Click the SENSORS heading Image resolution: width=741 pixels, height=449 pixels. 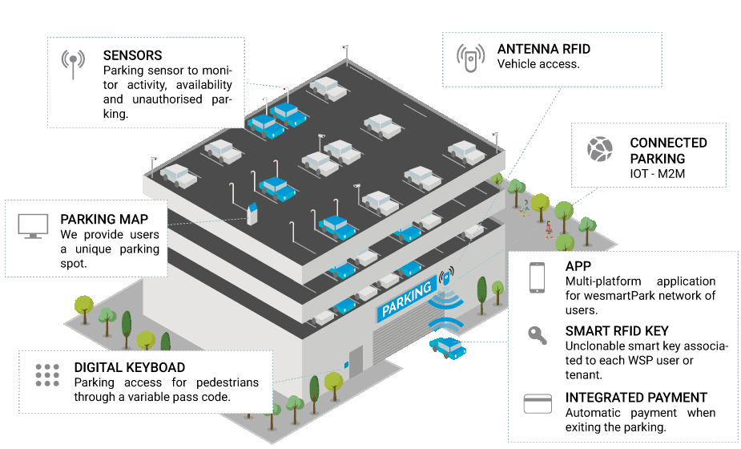pos(132,56)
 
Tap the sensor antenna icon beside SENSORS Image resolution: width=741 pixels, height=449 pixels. pos(73,64)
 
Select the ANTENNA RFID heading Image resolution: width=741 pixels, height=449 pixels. pos(544,48)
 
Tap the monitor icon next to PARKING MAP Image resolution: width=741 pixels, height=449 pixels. pos(34,226)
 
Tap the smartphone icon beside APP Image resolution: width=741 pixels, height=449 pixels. pos(536,277)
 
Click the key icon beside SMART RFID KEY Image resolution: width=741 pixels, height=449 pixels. pos(536,334)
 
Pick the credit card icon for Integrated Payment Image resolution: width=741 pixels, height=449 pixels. pos(536,403)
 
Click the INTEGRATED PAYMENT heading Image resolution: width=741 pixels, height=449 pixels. pos(636,398)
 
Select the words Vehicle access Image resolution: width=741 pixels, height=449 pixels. pos(538,64)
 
